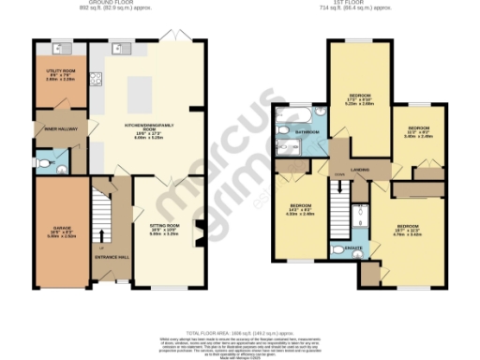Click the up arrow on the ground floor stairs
click(99, 232)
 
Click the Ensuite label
click(353, 247)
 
